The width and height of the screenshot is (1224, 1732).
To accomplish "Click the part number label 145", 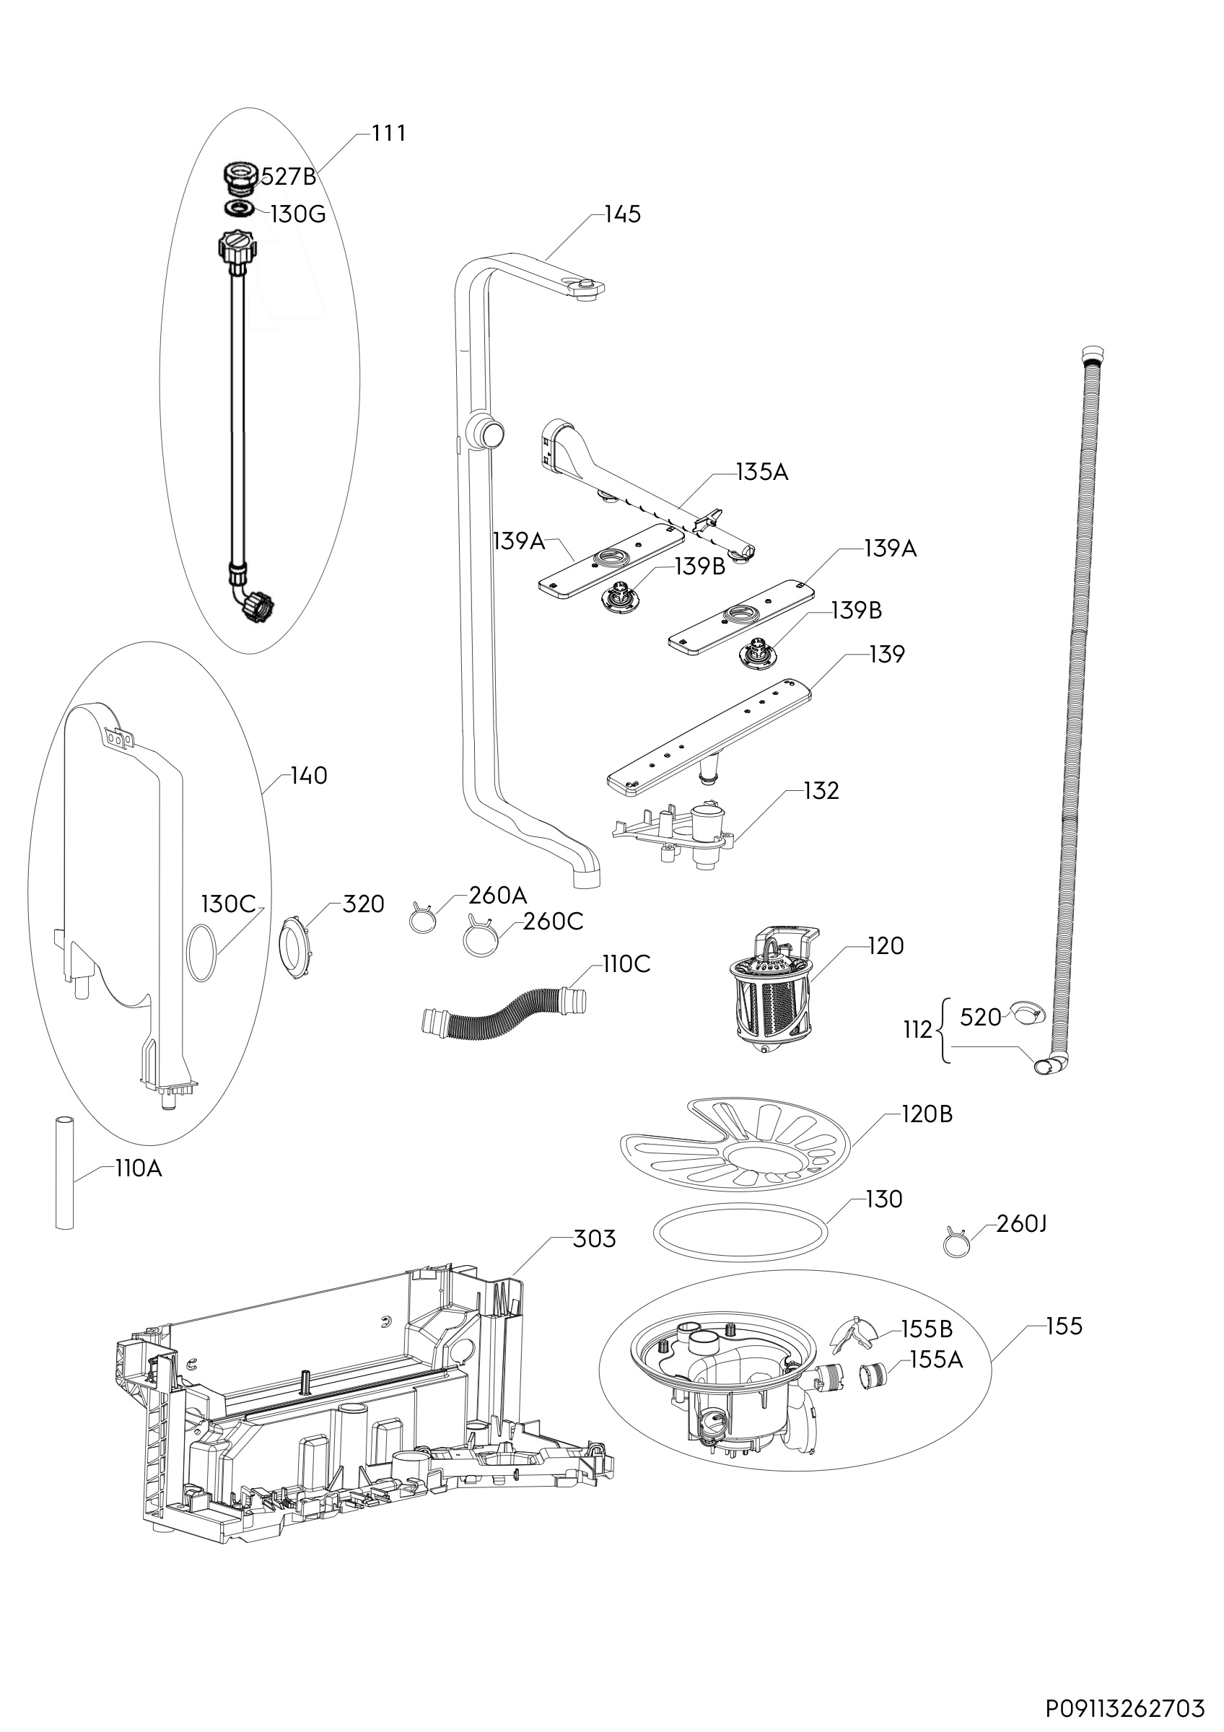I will pos(622,214).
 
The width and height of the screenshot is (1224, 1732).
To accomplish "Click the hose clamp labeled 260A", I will pos(423,918).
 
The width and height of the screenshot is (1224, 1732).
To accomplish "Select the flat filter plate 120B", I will pos(734,1147).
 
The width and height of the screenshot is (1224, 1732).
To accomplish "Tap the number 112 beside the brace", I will pos(918,1030).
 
